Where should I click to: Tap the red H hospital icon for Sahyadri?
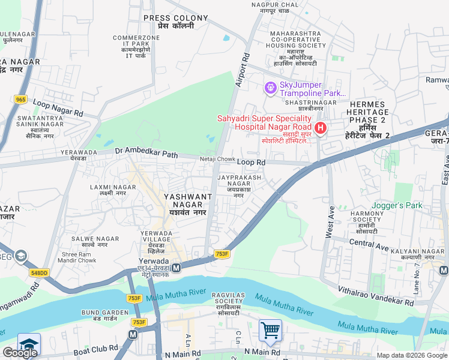pyautogui.click(x=321, y=128)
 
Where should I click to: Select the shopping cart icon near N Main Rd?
pyautogui.click(x=270, y=330)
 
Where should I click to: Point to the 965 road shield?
pyautogui.click(x=21, y=100)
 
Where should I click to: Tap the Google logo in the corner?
pyautogui.click(x=20, y=353)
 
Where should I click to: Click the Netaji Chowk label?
pyautogui.click(x=217, y=159)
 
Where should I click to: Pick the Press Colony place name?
pyautogui.click(x=169, y=22)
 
